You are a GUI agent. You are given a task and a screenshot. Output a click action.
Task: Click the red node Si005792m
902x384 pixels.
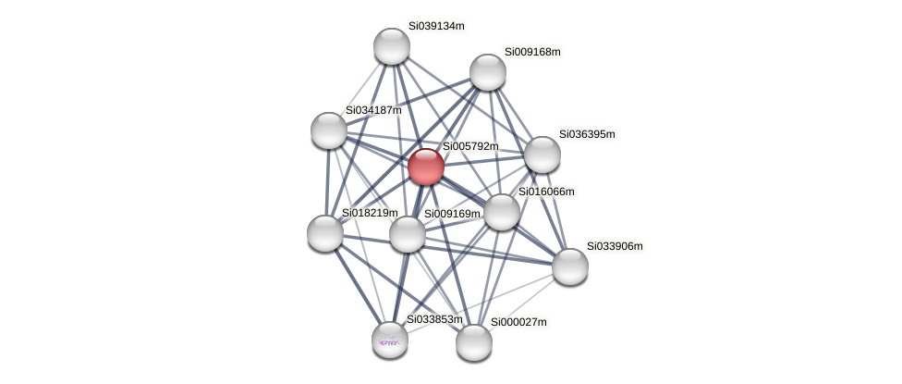point(425,167)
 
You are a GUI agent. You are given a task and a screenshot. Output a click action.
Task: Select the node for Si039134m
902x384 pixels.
point(391,46)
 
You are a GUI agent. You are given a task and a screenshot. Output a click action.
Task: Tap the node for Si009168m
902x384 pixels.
point(487,72)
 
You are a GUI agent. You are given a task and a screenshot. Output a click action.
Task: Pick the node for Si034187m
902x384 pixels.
point(329,130)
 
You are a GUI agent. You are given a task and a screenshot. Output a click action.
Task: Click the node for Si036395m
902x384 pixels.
point(542,155)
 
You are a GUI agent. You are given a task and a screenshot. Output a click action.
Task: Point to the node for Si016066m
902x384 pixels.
point(501,212)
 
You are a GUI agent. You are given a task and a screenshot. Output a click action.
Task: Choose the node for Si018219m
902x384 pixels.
point(325,233)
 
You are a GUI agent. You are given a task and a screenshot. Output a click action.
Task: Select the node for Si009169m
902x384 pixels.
point(407,234)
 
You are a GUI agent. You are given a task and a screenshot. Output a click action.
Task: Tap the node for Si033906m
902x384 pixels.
point(569,266)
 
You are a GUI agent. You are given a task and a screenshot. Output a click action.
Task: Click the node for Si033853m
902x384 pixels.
point(390,340)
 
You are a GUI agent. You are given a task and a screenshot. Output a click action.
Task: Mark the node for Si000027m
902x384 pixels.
point(474,342)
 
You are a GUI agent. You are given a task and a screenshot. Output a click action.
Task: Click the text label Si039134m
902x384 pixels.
point(436,26)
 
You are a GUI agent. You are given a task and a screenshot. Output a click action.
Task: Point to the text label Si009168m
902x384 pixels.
point(532,52)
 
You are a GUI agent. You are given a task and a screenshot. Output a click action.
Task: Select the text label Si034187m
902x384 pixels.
point(373,110)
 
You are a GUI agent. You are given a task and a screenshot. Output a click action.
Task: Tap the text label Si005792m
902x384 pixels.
point(470,146)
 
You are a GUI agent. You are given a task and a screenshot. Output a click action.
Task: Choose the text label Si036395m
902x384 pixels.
point(587,134)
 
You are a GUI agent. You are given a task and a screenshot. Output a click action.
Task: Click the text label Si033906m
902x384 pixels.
point(615,246)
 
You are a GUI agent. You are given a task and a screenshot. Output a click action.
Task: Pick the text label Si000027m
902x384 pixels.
point(518,322)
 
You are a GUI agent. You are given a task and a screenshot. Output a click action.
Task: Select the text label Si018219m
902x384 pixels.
point(370,213)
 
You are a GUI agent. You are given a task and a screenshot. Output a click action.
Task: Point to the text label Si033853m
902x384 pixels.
point(434,319)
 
